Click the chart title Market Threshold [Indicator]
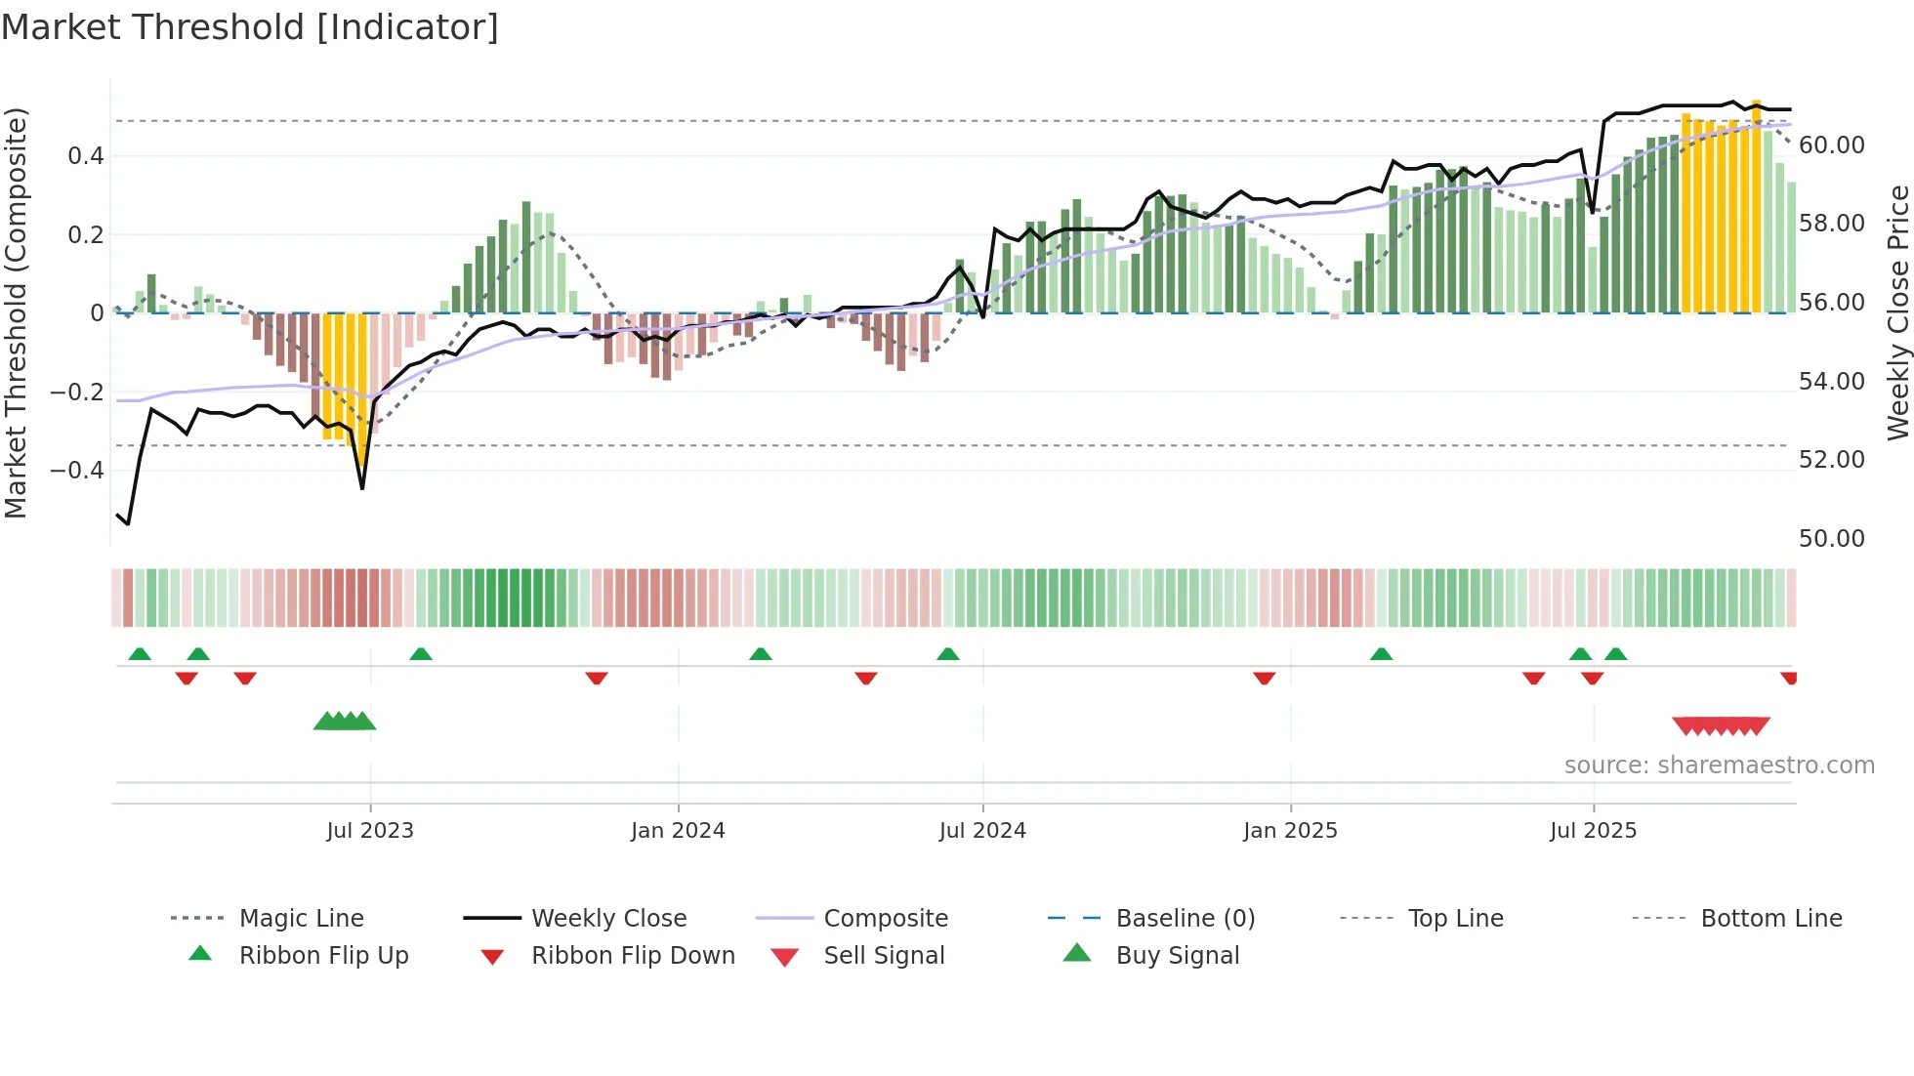click(250, 27)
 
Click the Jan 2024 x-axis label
click(678, 831)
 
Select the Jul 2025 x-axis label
click(1593, 831)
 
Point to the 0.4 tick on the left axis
click(86, 156)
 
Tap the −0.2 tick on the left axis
click(77, 393)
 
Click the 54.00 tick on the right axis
click(1831, 382)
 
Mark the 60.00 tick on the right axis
click(1831, 145)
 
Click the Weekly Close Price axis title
click(1897, 312)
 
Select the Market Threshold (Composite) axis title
click(16, 312)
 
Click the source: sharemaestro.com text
click(1719, 766)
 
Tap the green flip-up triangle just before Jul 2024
click(947, 654)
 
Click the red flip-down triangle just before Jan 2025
click(1264, 678)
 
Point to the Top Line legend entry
click(1455, 919)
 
